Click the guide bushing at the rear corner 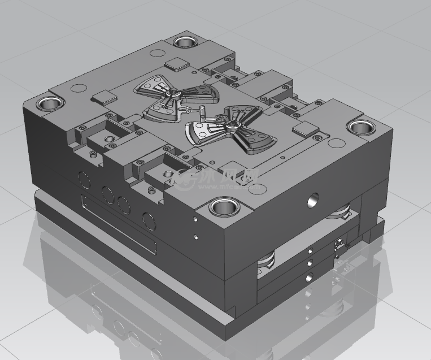185,42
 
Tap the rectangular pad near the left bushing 105,96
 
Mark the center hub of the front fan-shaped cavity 232,120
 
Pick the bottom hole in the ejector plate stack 308,277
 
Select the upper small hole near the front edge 195,217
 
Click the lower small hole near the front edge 195,237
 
